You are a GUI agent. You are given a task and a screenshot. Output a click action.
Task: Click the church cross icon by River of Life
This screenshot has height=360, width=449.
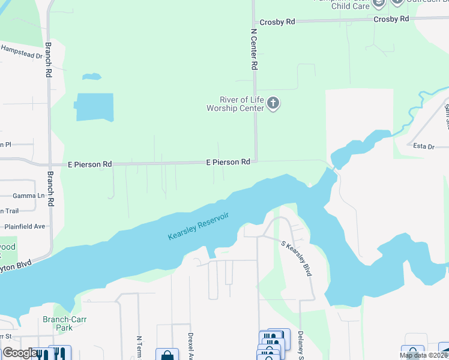pyautogui.click(x=273, y=104)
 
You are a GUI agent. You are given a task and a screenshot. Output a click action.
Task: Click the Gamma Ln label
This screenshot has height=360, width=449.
pyautogui.click(x=28, y=196)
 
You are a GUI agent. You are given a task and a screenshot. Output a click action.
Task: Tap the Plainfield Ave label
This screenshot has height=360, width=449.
pyautogui.click(x=25, y=226)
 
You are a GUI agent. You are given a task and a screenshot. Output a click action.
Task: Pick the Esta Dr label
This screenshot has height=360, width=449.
pyautogui.click(x=423, y=145)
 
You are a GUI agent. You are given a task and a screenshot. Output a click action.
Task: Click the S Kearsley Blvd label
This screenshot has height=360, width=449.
pyautogui.click(x=296, y=258)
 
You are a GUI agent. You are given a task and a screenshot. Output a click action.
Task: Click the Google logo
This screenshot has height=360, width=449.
pyautogui.click(x=19, y=353)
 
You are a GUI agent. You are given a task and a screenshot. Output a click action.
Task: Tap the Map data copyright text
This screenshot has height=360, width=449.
pyautogui.click(x=423, y=355)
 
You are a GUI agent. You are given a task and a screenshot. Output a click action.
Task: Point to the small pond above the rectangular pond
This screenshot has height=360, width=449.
pyautogui.click(x=91, y=77)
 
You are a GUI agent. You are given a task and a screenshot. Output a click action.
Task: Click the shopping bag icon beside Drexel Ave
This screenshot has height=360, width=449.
pyautogui.click(x=166, y=355)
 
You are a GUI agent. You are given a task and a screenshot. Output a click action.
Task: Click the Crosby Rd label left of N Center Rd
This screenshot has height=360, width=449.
pyautogui.click(x=282, y=22)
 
